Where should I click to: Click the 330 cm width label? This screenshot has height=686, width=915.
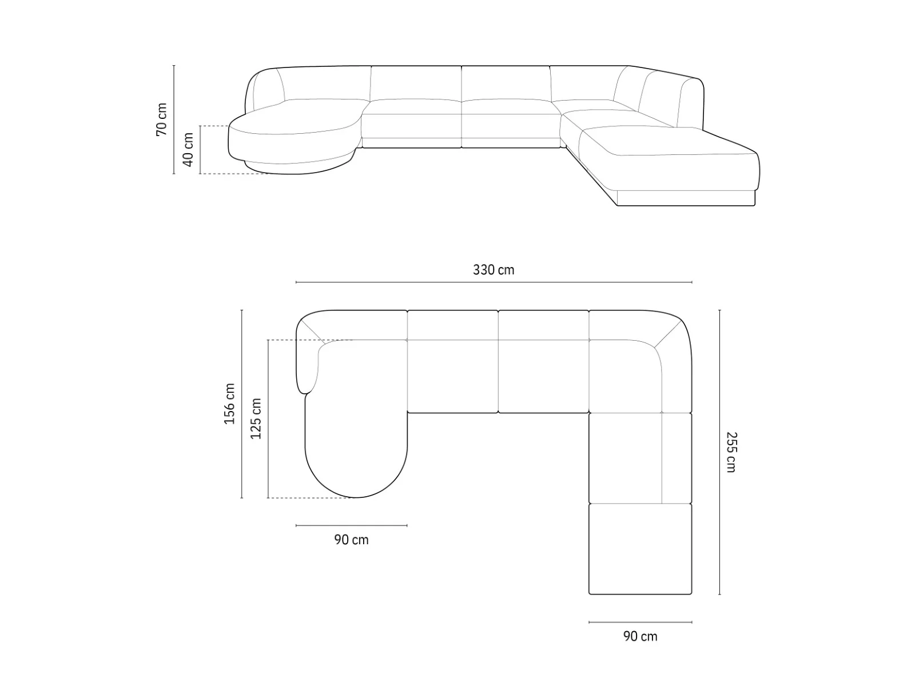[x=493, y=270]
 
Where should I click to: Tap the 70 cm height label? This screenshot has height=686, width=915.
[x=161, y=119]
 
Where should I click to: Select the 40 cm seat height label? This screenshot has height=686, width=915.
[x=188, y=150]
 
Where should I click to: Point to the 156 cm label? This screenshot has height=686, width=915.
[x=230, y=404]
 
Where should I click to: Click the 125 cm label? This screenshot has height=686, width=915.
[x=256, y=418]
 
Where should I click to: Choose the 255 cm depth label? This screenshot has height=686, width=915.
[x=731, y=452]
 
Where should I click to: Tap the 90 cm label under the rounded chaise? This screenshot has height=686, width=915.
[x=351, y=540]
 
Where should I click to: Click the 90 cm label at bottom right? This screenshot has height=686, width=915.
[x=640, y=636]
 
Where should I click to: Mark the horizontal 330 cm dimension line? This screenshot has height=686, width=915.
[x=494, y=282]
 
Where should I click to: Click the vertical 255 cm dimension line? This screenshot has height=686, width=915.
[x=719, y=452]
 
